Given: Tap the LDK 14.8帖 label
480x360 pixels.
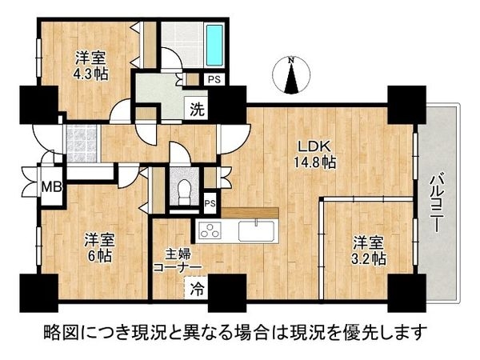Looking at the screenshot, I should coord(317,154).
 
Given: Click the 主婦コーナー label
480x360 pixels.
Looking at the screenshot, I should coord(178,262).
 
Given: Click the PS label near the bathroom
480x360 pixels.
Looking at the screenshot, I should coord(214,79).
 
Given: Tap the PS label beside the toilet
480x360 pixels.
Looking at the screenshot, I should coord(210,202).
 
